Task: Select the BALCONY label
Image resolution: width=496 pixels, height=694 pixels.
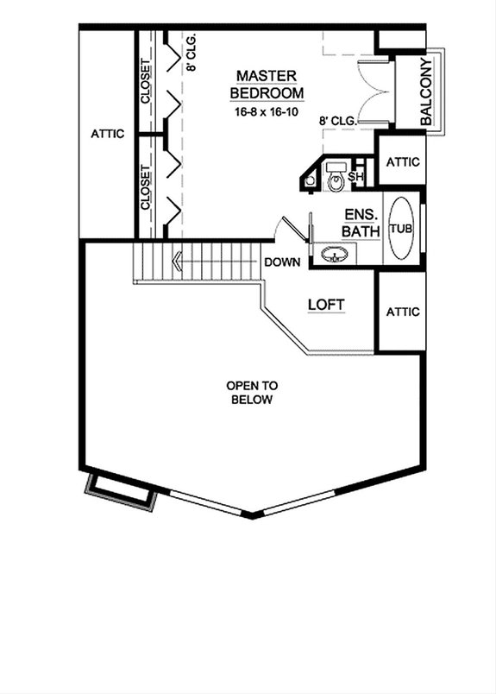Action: [x=425, y=92]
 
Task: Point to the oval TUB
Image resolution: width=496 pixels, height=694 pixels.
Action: [x=399, y=229]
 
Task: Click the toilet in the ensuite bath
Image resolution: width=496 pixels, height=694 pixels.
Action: [x=336, y=179]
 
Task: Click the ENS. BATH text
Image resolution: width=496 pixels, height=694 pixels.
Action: [x=359, y=223]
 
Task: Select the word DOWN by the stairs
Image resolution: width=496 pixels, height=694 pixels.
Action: [x=281, y=262]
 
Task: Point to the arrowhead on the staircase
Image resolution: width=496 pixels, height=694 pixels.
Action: [x=176, y=258]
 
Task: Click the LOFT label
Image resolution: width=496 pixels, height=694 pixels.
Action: [x=326, y=305]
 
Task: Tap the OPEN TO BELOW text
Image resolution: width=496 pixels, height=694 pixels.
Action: [x=250, y=393]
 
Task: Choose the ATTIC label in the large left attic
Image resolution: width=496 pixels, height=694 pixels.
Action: [x=108, y=134]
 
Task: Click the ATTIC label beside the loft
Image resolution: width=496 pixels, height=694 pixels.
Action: [x=403, y=312]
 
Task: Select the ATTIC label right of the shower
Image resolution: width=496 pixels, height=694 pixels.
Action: [x=403, y=161]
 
